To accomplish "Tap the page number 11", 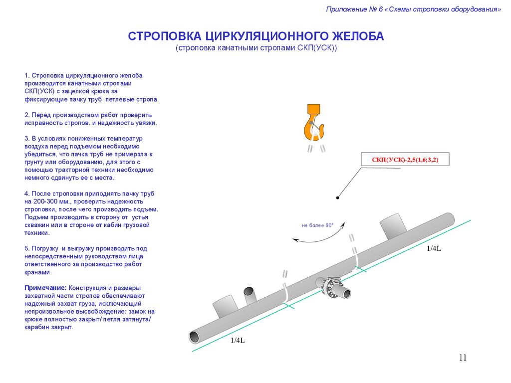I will (x=462, y=358).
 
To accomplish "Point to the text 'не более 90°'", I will (x=317, y=225).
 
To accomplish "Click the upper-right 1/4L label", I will (x=434, y=248).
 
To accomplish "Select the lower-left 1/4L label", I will (x=238, y=341).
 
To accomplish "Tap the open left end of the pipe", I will (x=195, y=337).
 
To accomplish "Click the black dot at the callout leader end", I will (x=338, y=198).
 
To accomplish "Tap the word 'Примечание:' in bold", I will (x=45, y=288).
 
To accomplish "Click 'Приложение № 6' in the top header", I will (x=353, y=9).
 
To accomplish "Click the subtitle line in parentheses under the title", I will (x=256, y=48).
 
